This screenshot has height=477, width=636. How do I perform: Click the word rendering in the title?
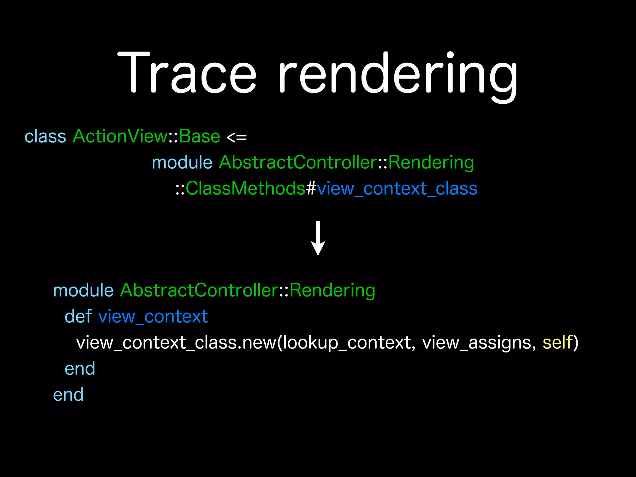pyautogui.click(x=397, y=76)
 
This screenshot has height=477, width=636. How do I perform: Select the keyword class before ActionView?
pyautogui.click(x=45, y=136)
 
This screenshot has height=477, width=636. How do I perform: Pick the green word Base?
pyautogui.click(x=199, y=136)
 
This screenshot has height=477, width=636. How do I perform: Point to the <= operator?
pyautogui.click(x=237, y=137)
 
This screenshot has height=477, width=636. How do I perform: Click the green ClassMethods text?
pyautogui.click(x=245, y=189)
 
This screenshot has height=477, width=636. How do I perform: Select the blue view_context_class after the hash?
pyautogui.click(x=397, y=189)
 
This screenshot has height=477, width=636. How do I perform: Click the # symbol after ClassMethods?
pyautogui.click(x=311, y=189)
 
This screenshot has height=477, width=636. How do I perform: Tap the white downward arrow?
pyautogui.click(x=318, y=238)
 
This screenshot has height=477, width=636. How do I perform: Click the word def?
pyautogui.click(x=78, y=316)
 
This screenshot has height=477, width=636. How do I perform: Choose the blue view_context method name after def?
pyautogui.click(x=153, y=317)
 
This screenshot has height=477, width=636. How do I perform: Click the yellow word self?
pyautogui.click(x=557, y=343)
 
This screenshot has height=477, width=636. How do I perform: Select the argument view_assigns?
pyautogui.click(x=479, y=343)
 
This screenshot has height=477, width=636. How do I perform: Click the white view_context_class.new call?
pyautogui.click(x=176, y=343)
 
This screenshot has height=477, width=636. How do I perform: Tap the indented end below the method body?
pyautogui.click(x=80, y=369)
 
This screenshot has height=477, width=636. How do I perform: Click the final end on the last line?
pyautogui.click(x=68, y=395)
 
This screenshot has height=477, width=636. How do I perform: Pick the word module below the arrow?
pyautogui.click(x=83, y=290)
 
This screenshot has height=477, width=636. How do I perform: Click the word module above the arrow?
pyautogui.click(x=182, y=162)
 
